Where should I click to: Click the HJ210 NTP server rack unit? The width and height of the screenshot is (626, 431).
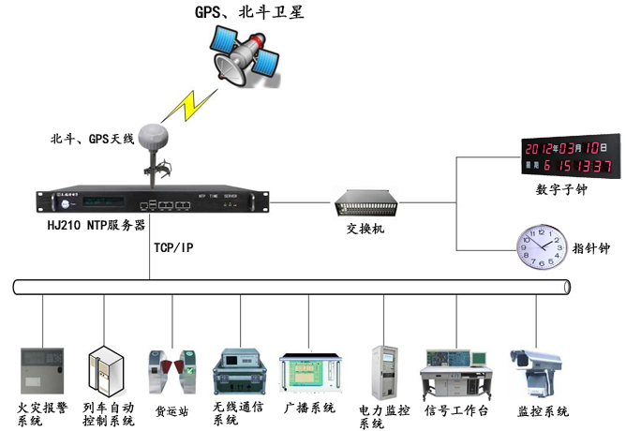point(150,201)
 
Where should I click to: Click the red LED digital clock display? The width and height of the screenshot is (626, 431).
point(568,156)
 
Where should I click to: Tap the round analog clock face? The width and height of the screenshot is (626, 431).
point(541,247)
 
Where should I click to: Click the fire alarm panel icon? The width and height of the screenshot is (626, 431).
point(40,369)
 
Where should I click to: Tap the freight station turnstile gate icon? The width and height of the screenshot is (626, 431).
point(172,371)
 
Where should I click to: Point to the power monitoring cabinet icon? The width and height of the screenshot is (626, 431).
point(385,371)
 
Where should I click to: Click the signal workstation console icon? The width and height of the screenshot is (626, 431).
point(456,370)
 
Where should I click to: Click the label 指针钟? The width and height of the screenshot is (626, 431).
point(590,249)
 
